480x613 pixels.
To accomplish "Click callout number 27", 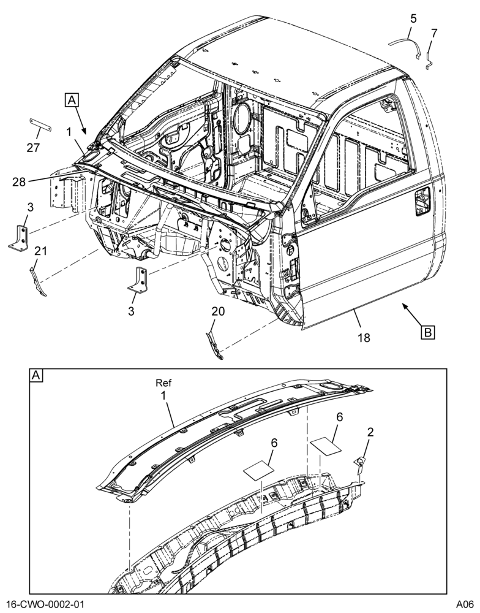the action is [33, 147].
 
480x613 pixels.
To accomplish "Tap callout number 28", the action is [19, 182].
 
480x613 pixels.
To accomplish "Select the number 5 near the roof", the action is [413, 18].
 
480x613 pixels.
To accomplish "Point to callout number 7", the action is [434, 34].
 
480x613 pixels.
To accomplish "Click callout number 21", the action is [40, 251].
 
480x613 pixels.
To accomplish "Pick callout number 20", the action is [219, 311].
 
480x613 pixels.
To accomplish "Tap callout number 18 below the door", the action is [364, 337].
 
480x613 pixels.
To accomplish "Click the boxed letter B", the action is [428, 332].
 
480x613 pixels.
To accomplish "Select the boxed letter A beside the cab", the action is [72, 100].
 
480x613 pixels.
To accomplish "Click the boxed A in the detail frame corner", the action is [36, 376].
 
